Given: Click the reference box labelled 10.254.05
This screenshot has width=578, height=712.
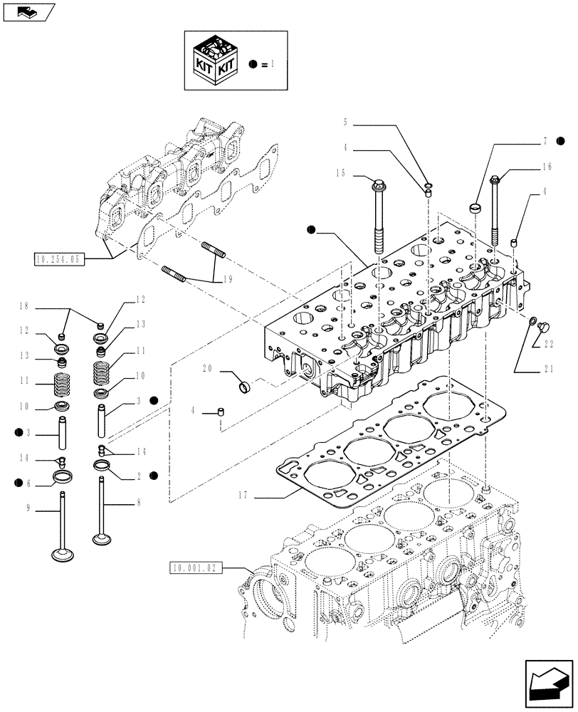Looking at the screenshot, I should pyautogui.click(x=58, y=258).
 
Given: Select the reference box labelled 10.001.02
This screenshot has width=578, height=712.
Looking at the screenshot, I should pyautogui.click(x=196, y=567).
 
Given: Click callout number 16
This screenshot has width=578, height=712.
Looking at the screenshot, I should pyautogui.click(x=547, y=167).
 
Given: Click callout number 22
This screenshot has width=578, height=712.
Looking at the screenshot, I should pyautogui.click(x=548, y=345).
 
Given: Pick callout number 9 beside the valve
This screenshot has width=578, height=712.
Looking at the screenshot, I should pyautogui.click(x=28, y=508).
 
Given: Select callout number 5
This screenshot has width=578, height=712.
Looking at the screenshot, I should pyautogui.click(x=345, y=122).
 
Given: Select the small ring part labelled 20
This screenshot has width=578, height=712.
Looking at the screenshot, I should pyautogui.click(x=244, y=387).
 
